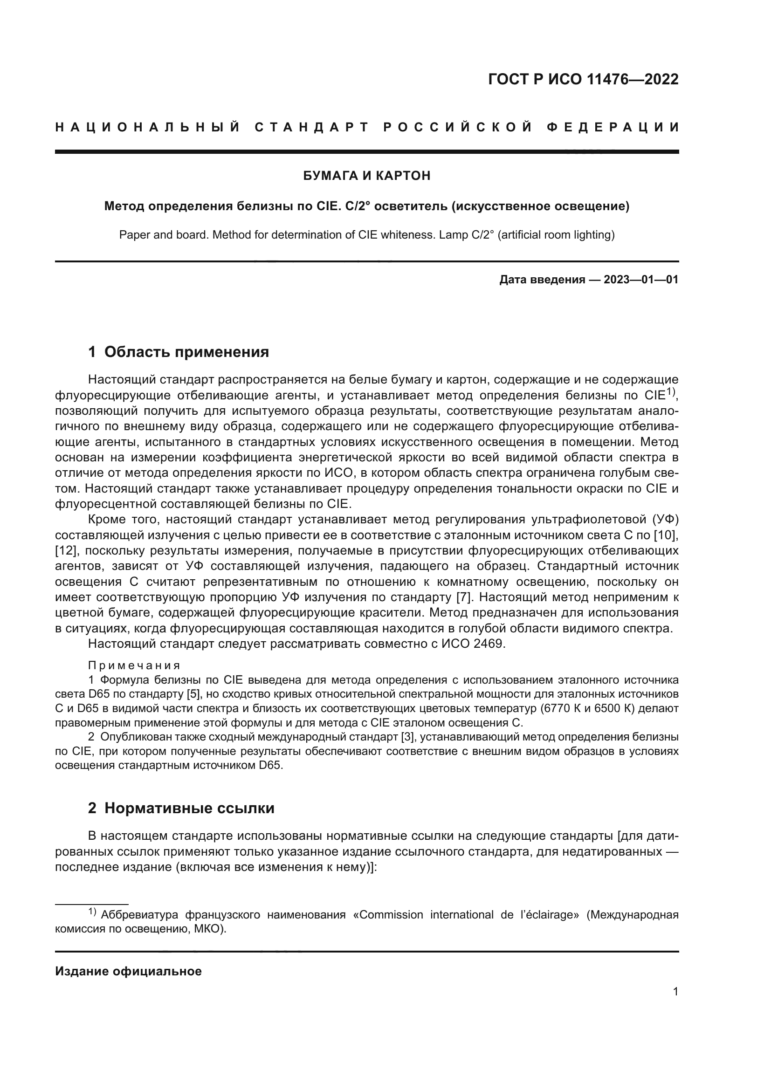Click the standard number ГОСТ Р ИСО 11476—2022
tap(583, 79)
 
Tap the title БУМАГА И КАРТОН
tap(366, 176)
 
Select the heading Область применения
tap(186, 352)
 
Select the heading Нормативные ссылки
tap(189, 808)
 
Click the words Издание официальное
tap(128, 971)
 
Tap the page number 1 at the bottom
tap(675, 992)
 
